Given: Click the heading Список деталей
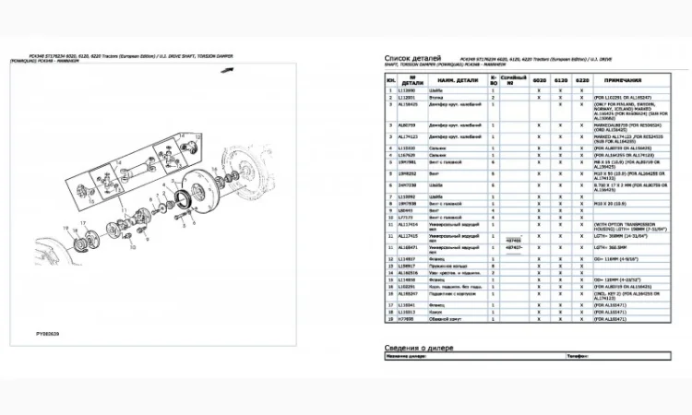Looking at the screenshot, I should [407, 58].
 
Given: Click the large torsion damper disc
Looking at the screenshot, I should [221, 184].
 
